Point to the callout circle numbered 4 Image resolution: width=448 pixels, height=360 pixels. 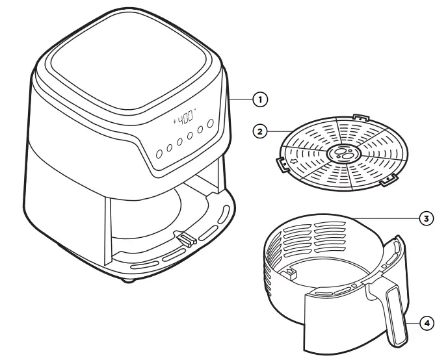pos(426,321)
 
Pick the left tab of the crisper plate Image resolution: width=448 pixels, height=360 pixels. pos(282,165)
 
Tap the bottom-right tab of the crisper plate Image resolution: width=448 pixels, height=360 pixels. pos(388,181)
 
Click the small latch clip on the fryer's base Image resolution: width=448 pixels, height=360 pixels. pos(186,240)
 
